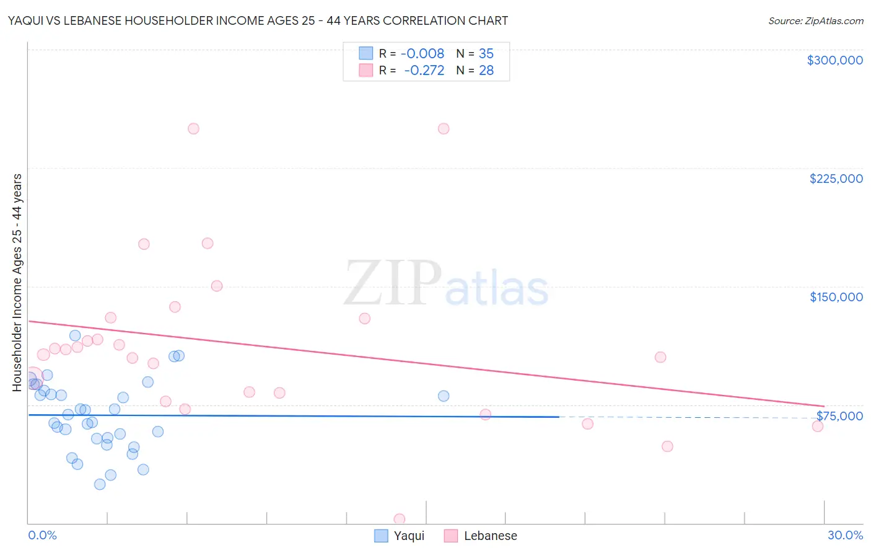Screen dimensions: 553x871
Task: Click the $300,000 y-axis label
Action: (834, 60)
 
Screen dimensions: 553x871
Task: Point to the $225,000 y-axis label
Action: (836, 179)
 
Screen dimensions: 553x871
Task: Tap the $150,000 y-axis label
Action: (836, 297)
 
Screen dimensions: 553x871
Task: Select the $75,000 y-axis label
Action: (839, 415)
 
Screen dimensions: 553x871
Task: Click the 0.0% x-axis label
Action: (42, 535)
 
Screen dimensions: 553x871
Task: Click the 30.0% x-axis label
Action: (845, 535)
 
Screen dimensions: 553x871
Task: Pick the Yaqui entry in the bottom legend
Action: (409, 536)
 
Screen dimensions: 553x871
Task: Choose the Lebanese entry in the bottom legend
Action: (490, 536)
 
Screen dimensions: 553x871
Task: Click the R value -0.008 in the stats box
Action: (422, 53)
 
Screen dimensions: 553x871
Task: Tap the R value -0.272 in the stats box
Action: (424, 70)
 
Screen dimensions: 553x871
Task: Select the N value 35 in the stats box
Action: (486, 53)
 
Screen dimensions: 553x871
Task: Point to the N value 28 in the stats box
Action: (486, 70)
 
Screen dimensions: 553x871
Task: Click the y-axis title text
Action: (17, 282)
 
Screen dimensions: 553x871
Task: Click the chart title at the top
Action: (258, 20)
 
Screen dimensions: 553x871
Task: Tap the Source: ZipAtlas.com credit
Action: (815, 20)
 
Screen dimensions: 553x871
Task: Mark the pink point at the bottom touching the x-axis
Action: (400, 519)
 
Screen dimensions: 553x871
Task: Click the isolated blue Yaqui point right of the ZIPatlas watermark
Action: (444, 396)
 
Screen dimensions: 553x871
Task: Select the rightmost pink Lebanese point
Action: (818, 426)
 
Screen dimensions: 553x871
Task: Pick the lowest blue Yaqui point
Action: (100, 484)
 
